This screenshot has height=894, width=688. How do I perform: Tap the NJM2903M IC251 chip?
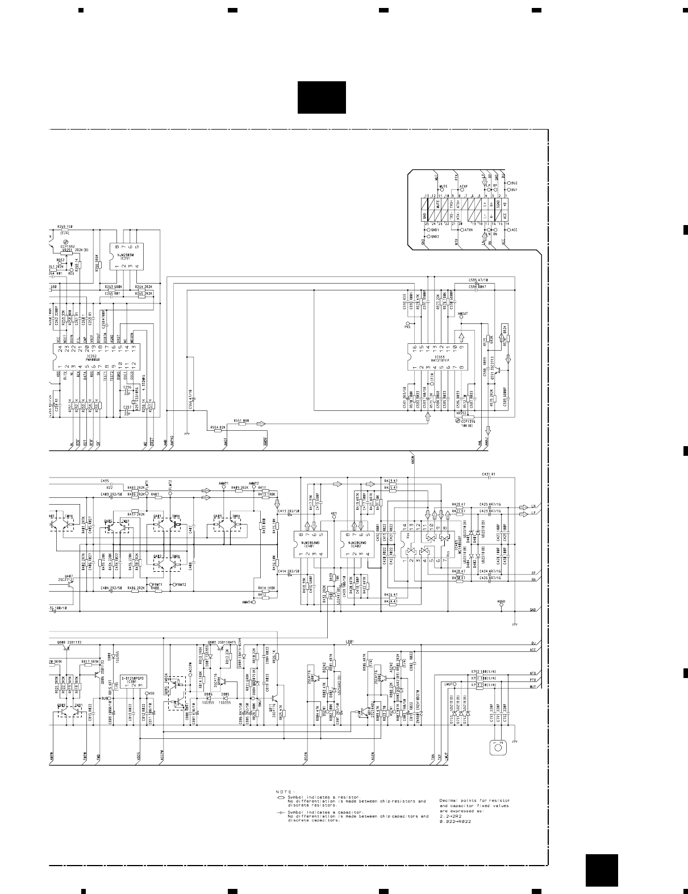[x=127, y=257]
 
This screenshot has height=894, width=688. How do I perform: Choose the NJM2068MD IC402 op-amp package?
[x=356, y=544]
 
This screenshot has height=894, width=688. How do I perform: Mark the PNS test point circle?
[x=407, y=322]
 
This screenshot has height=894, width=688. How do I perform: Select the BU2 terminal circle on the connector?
[x=509, y=183]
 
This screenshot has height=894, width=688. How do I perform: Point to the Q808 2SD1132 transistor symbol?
[x=61, y=648]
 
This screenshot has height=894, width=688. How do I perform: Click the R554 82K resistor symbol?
[x=217, y=430]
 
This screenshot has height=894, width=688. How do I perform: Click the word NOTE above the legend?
[x=283, y=792]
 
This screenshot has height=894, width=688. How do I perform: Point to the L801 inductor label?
[x=349, y=642]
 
